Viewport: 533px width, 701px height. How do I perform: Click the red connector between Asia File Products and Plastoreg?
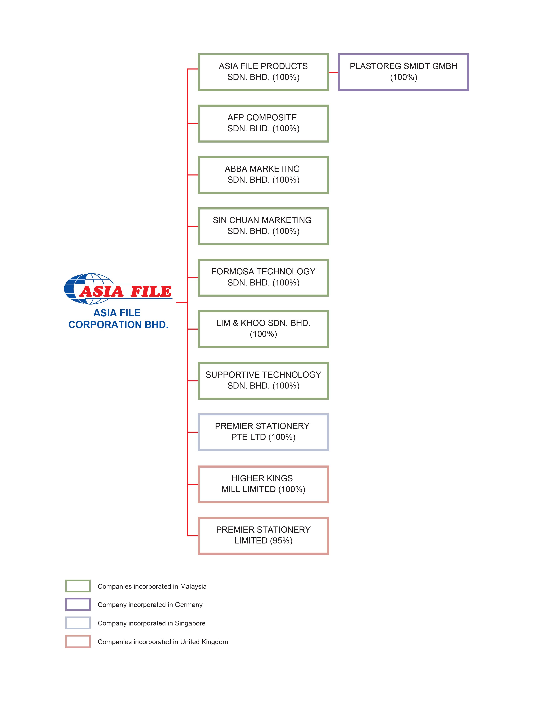coord(334,72)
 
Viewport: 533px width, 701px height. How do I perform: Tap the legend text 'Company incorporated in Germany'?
coord(150,605)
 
